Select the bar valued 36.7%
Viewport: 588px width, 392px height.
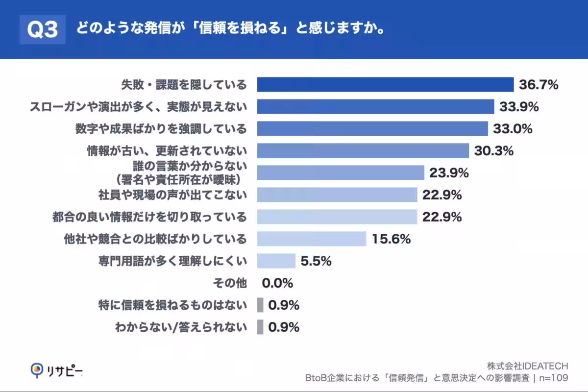(385, 85)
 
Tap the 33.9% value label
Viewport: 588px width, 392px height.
(519, 107)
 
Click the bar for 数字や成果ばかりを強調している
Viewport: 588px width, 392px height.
(372, 129)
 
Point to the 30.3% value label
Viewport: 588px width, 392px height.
(493, 151)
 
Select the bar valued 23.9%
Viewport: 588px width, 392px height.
(341, 172)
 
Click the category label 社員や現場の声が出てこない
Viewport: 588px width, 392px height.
(173, 195)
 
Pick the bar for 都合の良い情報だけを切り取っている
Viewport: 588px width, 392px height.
(337, 217)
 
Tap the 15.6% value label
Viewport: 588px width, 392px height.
(391, 239)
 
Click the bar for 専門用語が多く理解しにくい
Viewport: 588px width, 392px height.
(276, 261)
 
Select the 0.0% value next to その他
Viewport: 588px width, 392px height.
(277, 283)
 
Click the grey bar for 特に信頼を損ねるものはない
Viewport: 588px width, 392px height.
(260, 305)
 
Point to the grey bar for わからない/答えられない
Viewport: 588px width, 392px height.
(260, 327)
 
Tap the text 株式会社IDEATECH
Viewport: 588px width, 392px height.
(527, 366)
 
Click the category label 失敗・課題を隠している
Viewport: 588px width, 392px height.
(184, 85)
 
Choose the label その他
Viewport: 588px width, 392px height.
(230, 283)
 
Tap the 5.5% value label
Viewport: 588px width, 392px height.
(316, 261)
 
